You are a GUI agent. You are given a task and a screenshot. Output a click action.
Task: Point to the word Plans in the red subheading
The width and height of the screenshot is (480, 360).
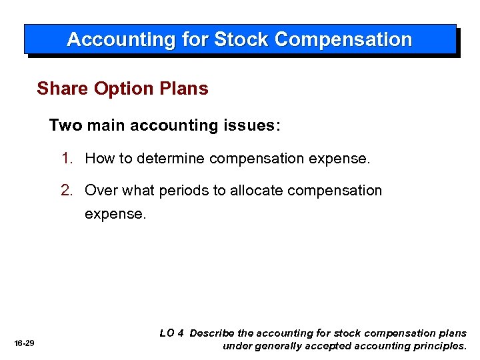[185, 89]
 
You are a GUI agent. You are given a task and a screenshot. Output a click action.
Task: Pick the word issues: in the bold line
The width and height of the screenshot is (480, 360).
[253, 125]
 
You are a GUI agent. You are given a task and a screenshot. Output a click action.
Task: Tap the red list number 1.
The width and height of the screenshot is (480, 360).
[67, 159]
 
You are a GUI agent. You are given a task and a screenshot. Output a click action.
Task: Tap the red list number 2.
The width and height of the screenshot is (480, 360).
[67, 191]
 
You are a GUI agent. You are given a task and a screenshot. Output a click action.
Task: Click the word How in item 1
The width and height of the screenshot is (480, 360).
[99, 159]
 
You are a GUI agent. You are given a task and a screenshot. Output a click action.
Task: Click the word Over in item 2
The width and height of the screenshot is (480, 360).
[101, 191]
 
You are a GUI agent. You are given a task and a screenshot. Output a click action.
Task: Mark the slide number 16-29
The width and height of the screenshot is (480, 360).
[24, 343]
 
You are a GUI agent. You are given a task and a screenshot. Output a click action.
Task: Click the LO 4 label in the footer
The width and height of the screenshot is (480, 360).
[171, 333]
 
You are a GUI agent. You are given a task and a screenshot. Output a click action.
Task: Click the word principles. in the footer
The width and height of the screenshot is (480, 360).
[439, 346]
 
